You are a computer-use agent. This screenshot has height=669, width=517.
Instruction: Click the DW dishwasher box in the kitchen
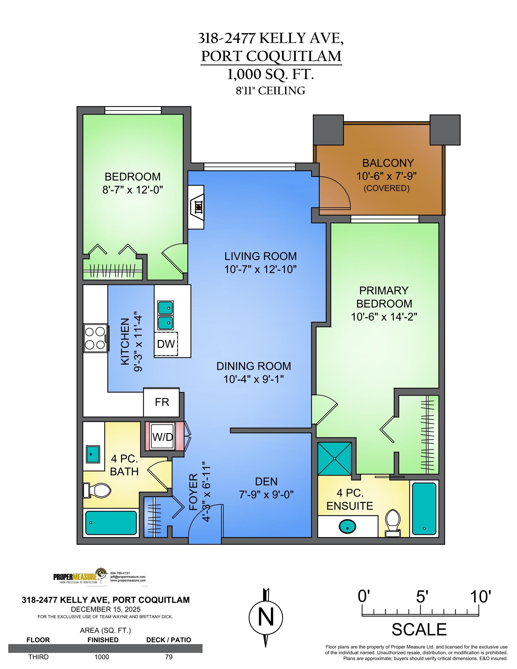[x=166, y=344]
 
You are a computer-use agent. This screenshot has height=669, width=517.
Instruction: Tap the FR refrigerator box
[x=162, y=402]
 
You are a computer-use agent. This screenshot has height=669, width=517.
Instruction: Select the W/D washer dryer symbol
[x=163, y=437]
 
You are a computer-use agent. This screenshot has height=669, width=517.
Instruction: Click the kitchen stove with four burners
[x=95, y=338]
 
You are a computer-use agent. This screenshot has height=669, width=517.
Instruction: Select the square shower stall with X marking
[x=335, y=459]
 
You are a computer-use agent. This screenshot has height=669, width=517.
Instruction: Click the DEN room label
[x=266, y=482]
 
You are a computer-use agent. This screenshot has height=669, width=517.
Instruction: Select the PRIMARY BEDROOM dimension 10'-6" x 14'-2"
[x=384, y=317]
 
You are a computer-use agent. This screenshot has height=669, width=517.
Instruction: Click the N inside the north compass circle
[x=266, y=618]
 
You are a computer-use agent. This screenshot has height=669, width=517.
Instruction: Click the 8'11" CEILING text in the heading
[x=270, y=91]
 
